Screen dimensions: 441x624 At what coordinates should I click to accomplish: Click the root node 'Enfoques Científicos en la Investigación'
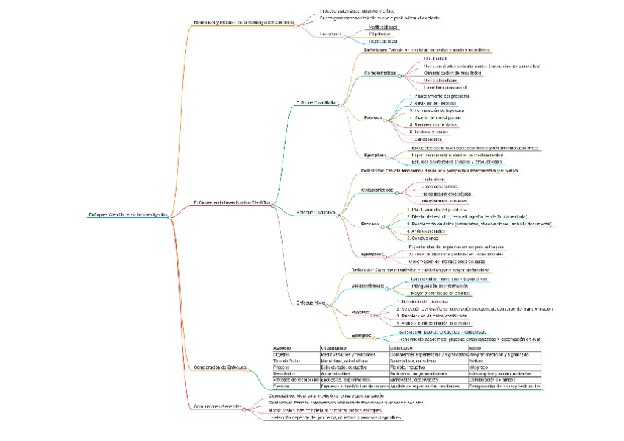coord(128,215)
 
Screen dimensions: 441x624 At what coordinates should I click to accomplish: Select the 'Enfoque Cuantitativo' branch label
coord(316,102)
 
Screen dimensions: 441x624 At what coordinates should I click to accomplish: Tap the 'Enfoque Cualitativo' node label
coord(316,212)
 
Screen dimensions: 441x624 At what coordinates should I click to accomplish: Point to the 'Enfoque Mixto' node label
coord(310,303)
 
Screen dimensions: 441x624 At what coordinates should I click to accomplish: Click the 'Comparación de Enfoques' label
coord(218,367)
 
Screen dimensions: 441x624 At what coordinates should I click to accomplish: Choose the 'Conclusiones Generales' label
coord(217,406)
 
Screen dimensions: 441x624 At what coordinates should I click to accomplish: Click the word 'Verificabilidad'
coord(383,27)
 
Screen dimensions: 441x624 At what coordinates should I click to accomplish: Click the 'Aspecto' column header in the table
coord(282,348)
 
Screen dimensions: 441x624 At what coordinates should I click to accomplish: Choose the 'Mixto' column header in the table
coord(475,348)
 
